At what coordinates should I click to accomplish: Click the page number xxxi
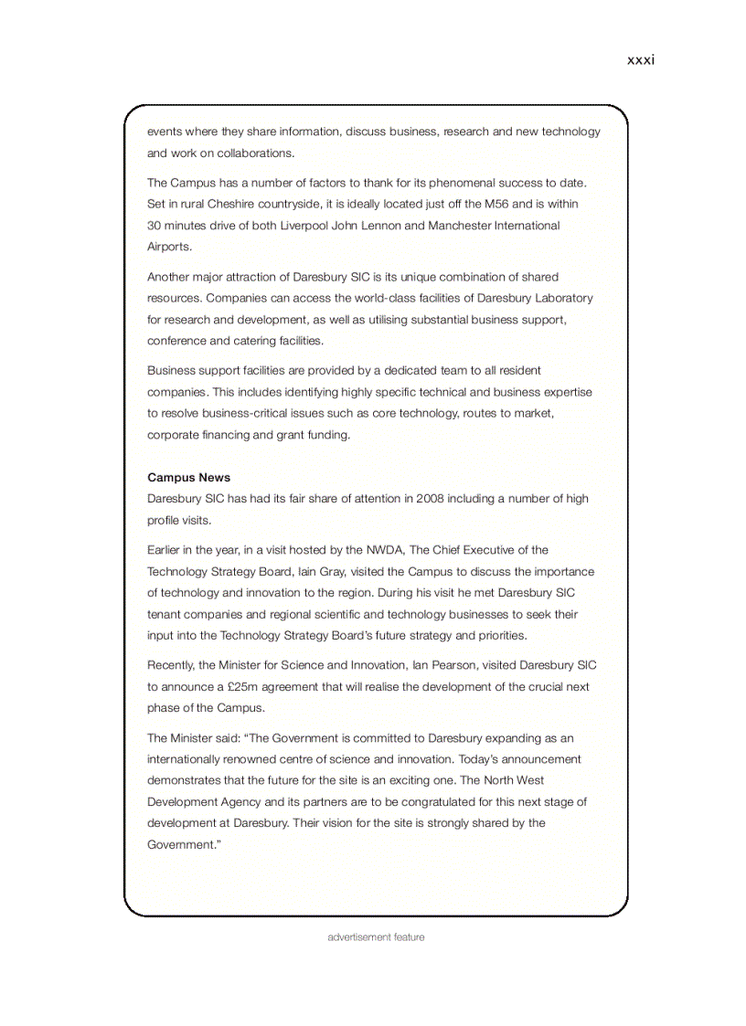(640, 60)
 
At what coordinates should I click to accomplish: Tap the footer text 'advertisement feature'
(376, 937)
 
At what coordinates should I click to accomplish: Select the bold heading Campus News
(188, 477)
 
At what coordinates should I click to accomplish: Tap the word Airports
(169, 247)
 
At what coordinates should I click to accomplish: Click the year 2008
(431, 499)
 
